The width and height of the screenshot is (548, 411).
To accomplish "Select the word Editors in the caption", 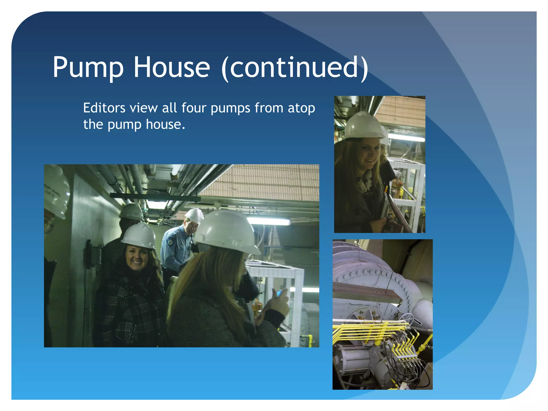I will [x=104, y=108].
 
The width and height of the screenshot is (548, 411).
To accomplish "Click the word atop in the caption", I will [x=301, y=108].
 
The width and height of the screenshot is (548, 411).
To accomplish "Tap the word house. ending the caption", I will [x=165, y=124].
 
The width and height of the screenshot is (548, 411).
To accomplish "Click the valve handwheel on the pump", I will [x=408, y=319].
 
